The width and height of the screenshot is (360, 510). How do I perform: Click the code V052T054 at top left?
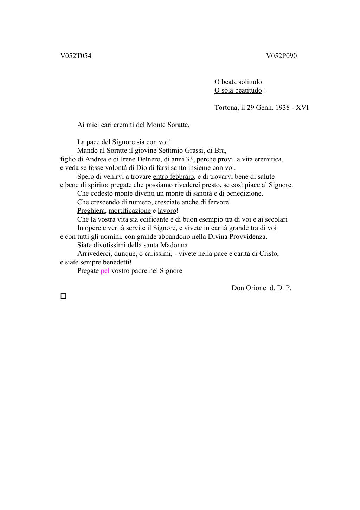click(76, 56)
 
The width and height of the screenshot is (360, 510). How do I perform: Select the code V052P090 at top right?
click(281, 56)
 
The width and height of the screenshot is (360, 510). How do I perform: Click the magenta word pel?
click(105, 271)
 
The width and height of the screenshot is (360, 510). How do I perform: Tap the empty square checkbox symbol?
click(63, 296)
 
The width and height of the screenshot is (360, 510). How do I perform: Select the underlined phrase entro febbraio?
click(174, 177)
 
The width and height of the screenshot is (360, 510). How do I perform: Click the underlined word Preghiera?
click(91, 211)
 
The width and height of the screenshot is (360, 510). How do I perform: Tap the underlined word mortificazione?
click(129, 211)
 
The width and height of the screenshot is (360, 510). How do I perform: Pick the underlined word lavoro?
click(167, 211)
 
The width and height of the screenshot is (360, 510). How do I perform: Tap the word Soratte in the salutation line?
click(177, 125)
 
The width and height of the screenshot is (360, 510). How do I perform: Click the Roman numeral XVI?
click(302, 108)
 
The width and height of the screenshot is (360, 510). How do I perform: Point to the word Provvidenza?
click(246, 237)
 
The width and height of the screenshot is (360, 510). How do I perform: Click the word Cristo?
click(269, 254)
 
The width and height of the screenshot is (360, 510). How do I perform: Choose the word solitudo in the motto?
click(250, 82)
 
